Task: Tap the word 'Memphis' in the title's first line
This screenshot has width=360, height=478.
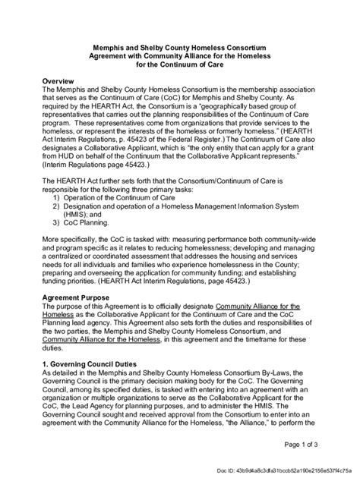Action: pyautogui.click(x=104, y=47)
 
